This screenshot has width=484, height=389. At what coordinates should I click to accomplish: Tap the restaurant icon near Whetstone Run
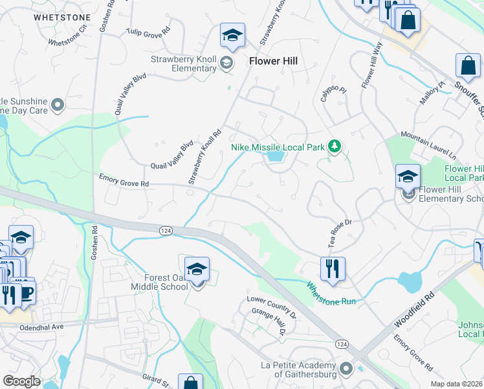(x=333, y=268)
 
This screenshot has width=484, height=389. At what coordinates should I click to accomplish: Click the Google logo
(x=21, y=381)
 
